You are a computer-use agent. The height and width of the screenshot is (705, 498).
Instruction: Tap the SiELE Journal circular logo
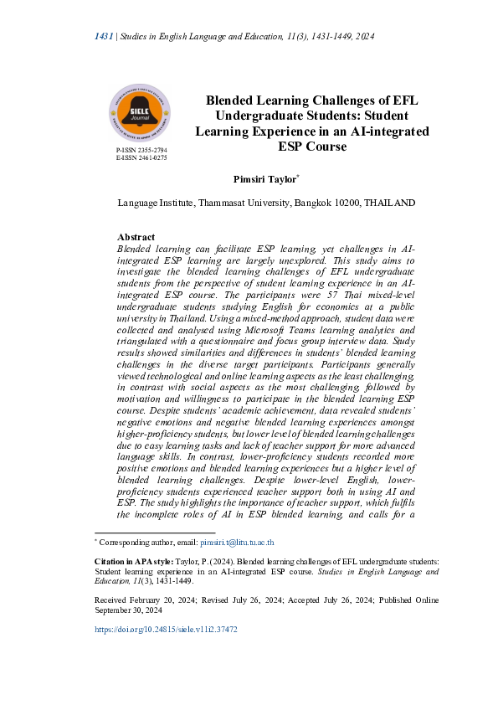[x=139, y=114]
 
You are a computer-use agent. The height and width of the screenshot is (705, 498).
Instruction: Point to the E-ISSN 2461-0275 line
[x=141, y=157]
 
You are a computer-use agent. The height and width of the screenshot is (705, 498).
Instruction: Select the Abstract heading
[x=136, y=238]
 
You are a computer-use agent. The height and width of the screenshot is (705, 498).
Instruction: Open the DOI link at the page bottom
[x=167, y=629]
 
